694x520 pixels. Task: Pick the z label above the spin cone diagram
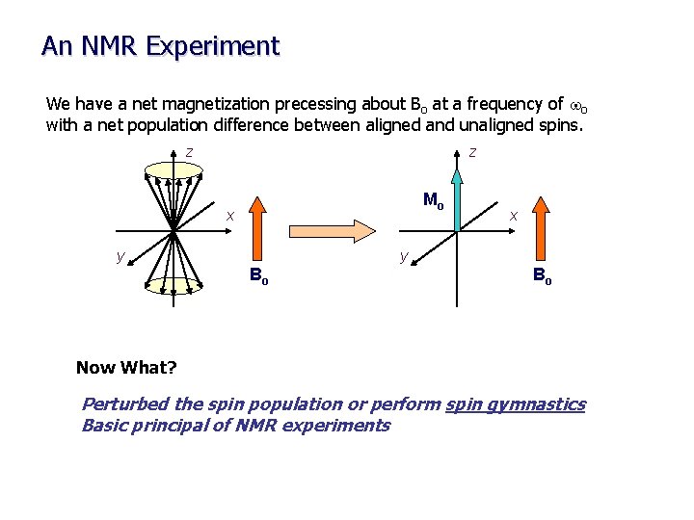pyautogui.click(x=190, y=151)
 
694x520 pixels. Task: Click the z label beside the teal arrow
pyautogui.click(x=471, y=151)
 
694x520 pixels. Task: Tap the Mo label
pyautogui.click(x=434, y=201)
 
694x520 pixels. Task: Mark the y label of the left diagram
pyautogui.click(x=120, y=255)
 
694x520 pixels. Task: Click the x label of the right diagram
pyautogui.click(x=514, y=215)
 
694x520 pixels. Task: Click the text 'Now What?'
pyautogui.click(x=126, y=367)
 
